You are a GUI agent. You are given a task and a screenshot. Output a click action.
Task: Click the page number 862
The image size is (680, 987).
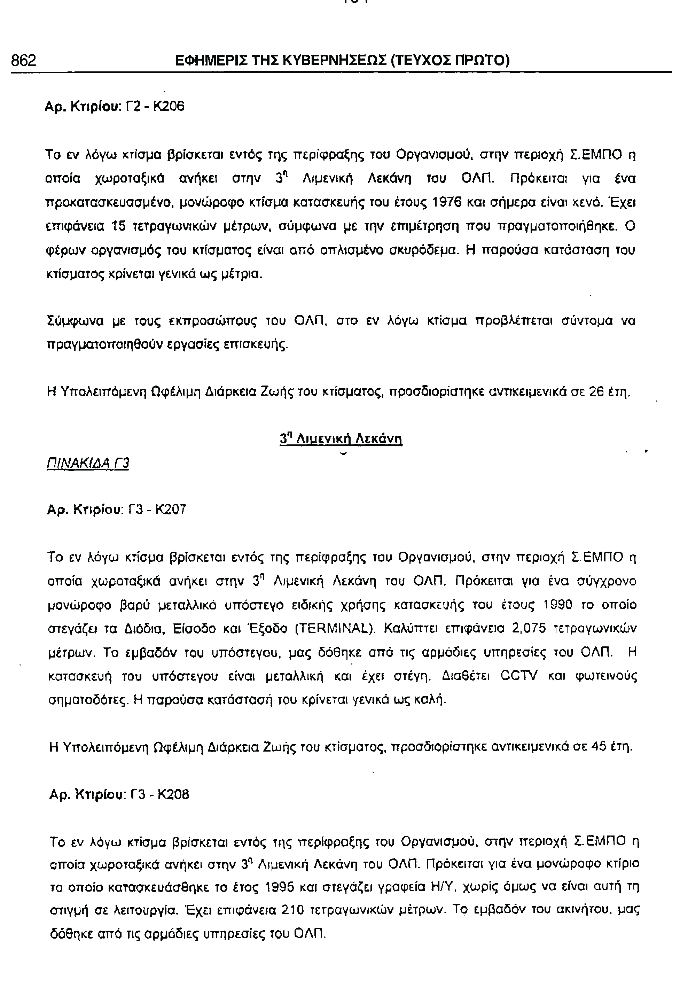(24, 61)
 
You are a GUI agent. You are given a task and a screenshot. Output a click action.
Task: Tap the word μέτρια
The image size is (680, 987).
(244, 273)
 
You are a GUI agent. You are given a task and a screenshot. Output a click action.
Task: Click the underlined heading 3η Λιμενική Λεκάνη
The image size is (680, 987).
(341, 438)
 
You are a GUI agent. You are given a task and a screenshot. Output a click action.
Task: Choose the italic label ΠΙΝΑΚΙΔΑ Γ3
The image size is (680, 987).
(87, 463)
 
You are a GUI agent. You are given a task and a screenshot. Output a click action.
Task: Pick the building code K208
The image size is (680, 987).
(173, 794)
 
